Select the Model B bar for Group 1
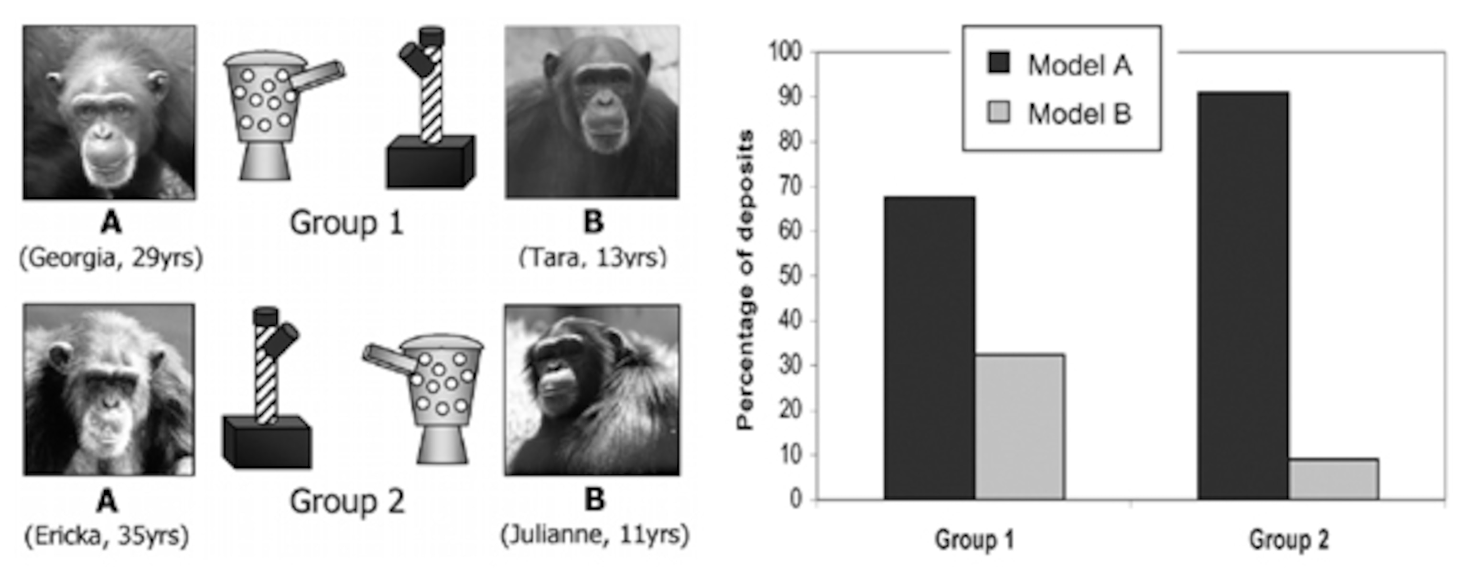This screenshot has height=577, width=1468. (1019, 427)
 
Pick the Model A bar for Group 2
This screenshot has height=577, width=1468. (1242, 296)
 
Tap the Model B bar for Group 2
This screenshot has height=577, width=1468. (1333, 479)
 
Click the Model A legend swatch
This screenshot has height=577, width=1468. (998, 63)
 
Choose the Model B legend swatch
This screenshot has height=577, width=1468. (998, 112)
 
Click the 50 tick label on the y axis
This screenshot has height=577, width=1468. (789, 276)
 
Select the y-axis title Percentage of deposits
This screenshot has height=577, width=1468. (745, 279)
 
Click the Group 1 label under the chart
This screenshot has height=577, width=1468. (974, 539)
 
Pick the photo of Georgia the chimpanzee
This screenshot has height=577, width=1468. (109, 112)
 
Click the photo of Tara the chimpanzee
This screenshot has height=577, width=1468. (592, 112)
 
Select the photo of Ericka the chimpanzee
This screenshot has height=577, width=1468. (109, 390)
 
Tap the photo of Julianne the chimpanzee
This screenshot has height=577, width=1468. (592, 390)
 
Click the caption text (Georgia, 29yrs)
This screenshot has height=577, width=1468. (111, 258)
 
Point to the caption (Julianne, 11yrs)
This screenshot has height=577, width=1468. (594, 535)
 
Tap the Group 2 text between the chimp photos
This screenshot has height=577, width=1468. (347, 502)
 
